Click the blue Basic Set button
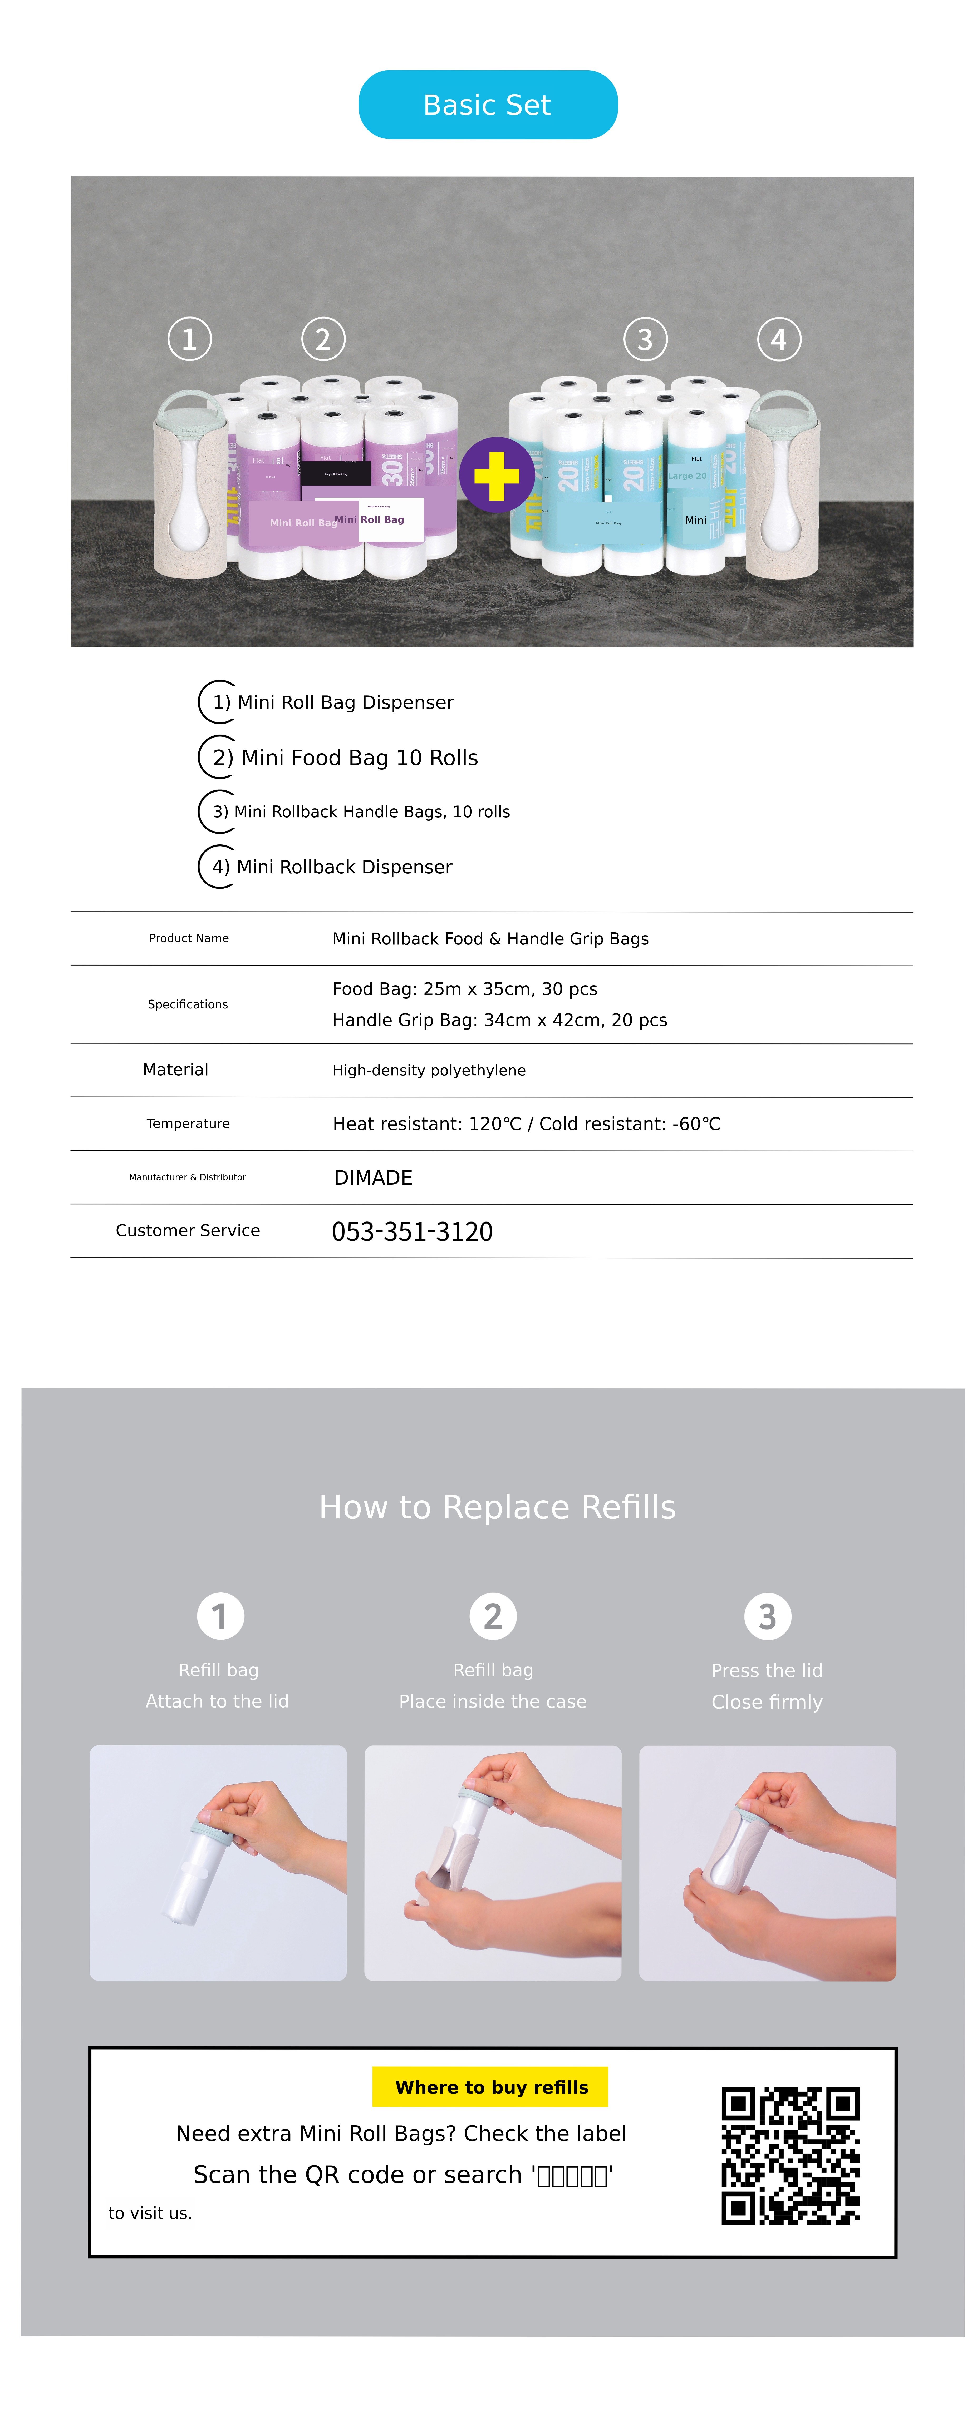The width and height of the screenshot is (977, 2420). [x=488, y=104]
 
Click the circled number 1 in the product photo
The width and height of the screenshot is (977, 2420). [x=189, y=339]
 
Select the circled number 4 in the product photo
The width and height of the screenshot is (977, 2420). [x=779, y=339]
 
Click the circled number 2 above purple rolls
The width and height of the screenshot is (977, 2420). [x=323, y=339]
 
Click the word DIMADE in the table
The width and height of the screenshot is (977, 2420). [x=373, y=1177]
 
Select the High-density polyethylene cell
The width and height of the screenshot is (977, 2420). [x=428, y=1070]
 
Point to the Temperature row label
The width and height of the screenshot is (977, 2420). [x=188, y=1124]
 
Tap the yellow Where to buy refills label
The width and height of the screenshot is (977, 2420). [x=490, y=2086]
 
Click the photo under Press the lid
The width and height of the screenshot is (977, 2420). [x=767, y=1863]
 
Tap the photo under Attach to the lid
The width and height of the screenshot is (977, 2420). [x=218, y=1863]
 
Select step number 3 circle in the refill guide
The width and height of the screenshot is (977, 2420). [x=768, y=1616]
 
